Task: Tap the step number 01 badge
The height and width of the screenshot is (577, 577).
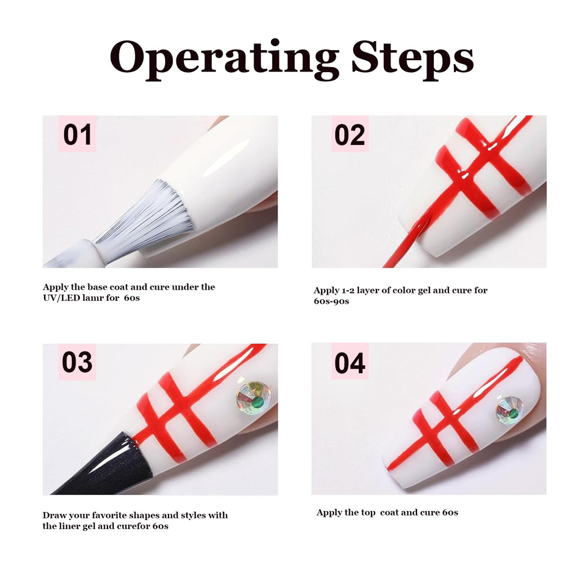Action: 77,134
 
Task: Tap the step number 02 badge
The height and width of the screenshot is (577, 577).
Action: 350,134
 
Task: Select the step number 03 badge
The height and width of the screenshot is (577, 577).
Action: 77,362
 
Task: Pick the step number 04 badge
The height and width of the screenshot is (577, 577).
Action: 350,362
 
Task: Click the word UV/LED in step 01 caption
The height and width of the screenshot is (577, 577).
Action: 61,298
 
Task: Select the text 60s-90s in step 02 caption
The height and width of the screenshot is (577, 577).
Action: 331,301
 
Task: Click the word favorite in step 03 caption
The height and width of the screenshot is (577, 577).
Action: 110,515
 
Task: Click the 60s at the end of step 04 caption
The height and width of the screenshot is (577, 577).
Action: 450,513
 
